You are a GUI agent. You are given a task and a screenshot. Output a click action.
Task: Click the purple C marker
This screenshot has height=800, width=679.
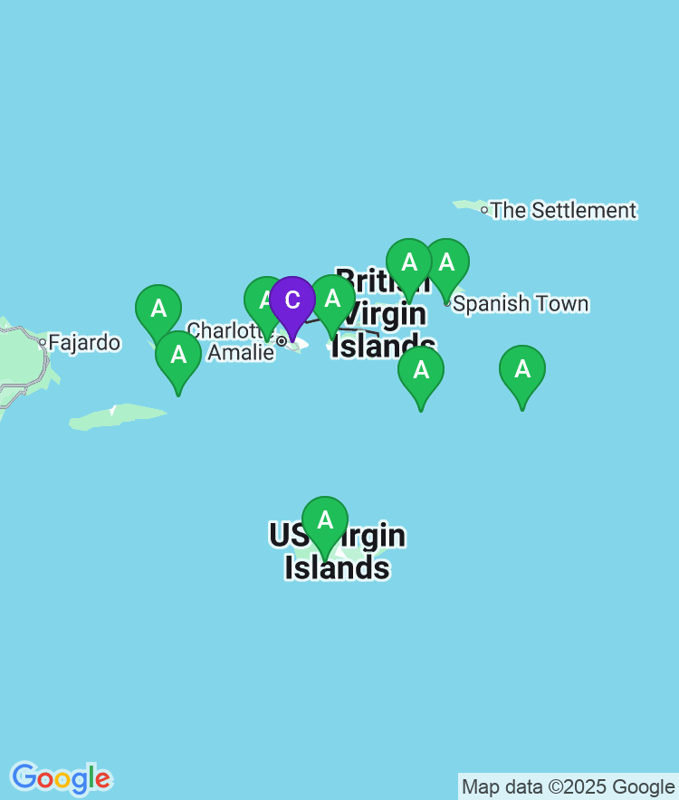pyautogui.click(x=292, y=301)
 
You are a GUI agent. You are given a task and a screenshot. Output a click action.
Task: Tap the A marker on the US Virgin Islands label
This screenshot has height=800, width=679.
pyautogui.click(x=324, y=521)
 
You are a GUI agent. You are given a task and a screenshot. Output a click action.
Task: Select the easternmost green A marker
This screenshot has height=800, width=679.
pyautogui.click(x=522, y=370)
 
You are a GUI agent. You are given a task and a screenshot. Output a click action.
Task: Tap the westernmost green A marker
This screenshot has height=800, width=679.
pyautogui.click(x=158, y=310)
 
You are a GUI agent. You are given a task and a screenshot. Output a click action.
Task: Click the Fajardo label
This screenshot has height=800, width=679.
pyautogui.click(x=83, y=343)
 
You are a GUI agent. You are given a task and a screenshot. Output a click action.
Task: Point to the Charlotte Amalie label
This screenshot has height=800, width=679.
pyautogui.click(x=231, y=341)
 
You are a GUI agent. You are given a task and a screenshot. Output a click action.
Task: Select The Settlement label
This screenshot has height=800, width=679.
pyautogui.click(x=563, y=210)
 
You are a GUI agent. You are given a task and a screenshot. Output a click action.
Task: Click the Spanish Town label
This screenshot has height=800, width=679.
pyautogui.click(x=521, y=303)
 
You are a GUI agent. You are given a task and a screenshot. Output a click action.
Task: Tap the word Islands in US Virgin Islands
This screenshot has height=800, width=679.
pyautogui.click(x=337, y=567)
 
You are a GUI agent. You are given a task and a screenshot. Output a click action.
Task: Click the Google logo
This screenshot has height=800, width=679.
pyautogui.click(x=61, y=777)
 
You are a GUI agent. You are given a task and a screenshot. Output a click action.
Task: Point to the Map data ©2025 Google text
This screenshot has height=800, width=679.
pyautogui.click(x=568, y=786)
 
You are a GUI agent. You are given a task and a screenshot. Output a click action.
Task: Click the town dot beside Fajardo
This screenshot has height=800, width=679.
pyautogui.click(x=42, y=342)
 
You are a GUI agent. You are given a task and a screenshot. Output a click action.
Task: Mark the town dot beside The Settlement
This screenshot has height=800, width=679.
pyautogui.click(x=484, y=210)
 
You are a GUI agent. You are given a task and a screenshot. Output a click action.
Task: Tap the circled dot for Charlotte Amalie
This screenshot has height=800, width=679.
pyautogui.click(x=282, y=341)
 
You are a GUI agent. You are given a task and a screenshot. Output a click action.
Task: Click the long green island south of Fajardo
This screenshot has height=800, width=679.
pyautogui.click(x=118, y=417)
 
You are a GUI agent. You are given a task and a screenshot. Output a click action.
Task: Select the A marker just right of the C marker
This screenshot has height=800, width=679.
pyautogui.click(x=332, y=300)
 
